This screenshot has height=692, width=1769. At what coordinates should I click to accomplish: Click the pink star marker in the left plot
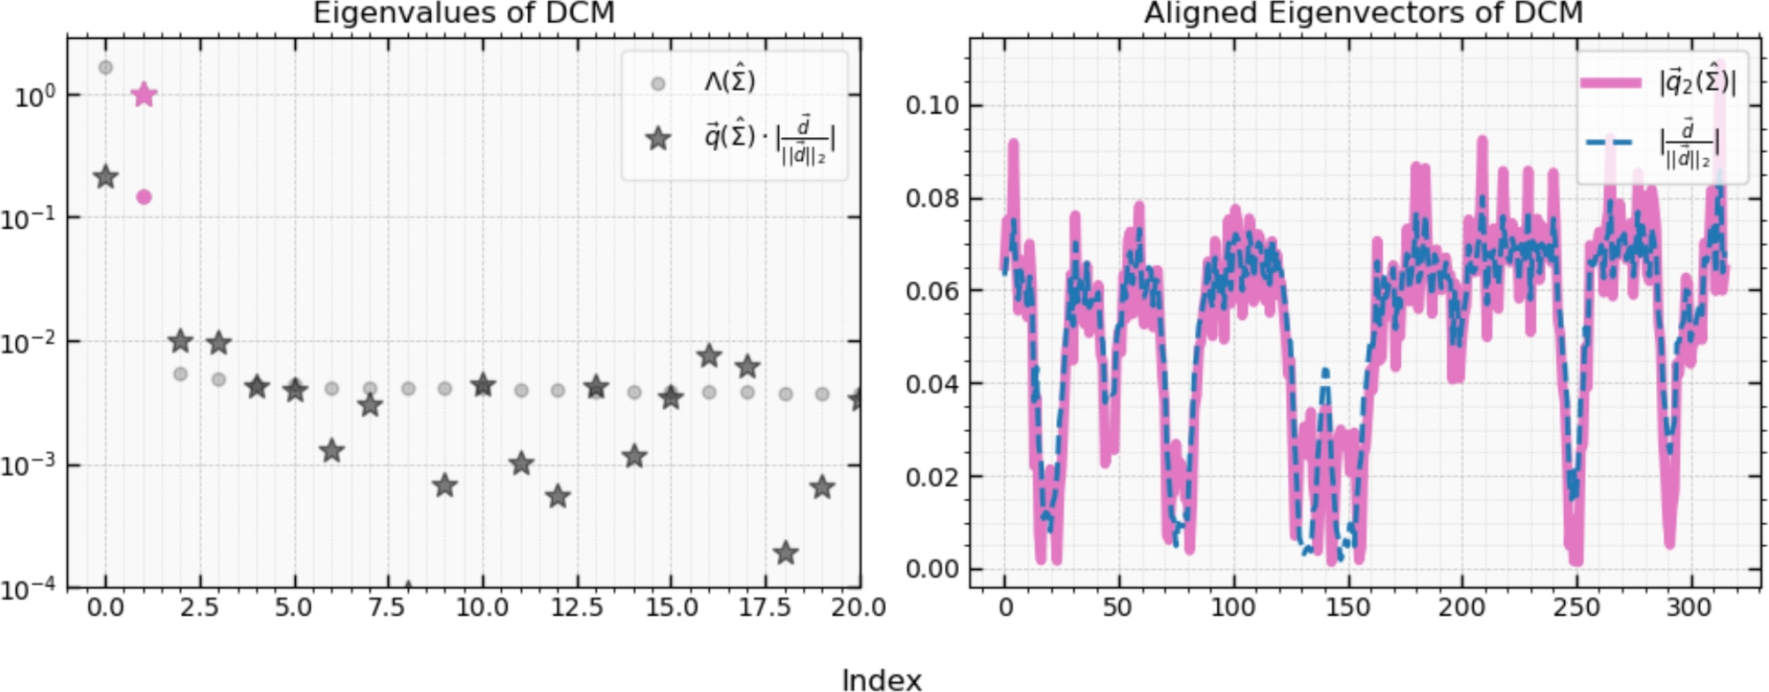pyautogui.click(x=144, y=95)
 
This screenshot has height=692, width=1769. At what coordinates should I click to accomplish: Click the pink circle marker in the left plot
pyautogui.click(x=144, y=197)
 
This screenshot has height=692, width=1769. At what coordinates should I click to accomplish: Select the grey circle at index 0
pyautogui.click(x=106, y=67)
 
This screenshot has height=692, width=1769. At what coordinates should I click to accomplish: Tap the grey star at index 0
pyautogui.click(x=106, y=177)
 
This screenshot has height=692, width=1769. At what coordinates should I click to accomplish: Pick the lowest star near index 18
pyautogui.click(x=786, y=554)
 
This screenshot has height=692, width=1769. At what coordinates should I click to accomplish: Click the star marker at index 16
pyautogui.click(x=709, y=356)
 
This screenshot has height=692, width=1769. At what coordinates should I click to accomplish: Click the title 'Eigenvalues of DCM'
pyautogui.click(x=464, y=13)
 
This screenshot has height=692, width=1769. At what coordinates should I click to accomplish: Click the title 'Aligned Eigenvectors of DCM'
pyautogui.click(x=1364, y=13)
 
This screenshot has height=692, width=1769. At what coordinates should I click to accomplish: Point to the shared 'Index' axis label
pyautogui.click(x=881, y=680)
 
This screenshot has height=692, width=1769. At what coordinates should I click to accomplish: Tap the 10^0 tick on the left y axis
pyautogui.click(x=35, y=96)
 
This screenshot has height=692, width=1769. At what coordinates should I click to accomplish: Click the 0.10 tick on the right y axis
pyautogui.click(x=932, y=105)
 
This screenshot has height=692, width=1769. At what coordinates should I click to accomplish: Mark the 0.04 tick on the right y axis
pyautogui.click(x=932, y=384)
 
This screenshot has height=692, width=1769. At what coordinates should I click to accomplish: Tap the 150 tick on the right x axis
pyautogui.click(x=1348, y=608)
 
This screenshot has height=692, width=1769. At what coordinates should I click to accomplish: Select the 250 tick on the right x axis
pyautogui.click(x=1576, y=608)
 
